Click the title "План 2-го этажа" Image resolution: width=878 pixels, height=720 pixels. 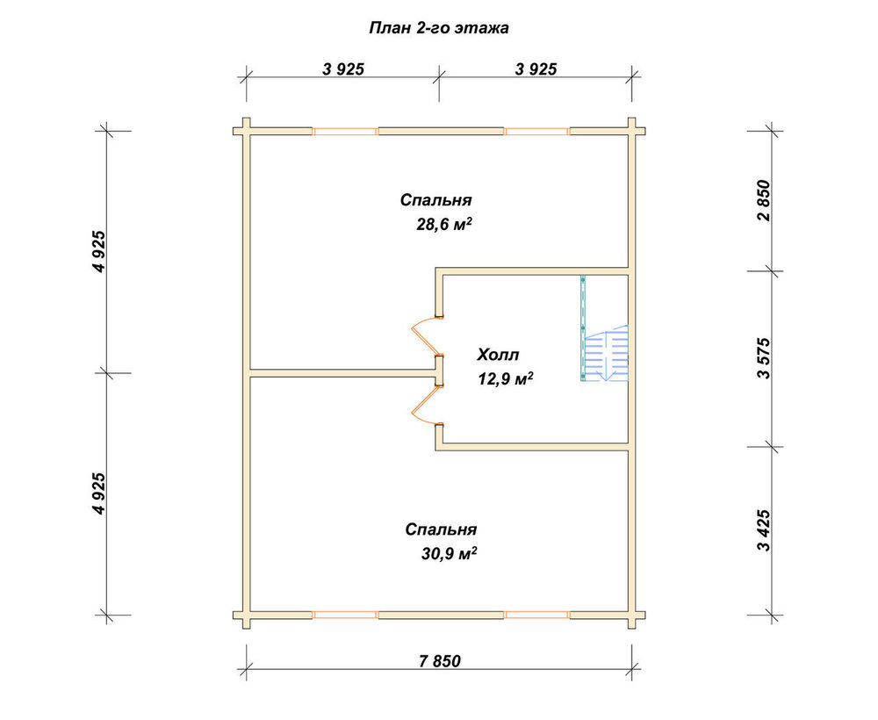[x=439, y=28]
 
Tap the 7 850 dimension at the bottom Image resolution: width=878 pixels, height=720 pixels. [x=440, y=661]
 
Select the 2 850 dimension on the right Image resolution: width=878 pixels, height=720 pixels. [x=764, y=200]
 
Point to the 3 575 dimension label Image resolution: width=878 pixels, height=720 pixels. [x=764, y=358]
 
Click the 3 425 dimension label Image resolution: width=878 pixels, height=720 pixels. [x=764, y=530]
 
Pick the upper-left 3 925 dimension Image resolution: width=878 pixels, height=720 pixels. [x=343, y=68]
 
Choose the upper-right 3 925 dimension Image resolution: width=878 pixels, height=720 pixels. [x=536, y=68]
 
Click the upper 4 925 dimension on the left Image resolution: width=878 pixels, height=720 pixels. [x=98, y=251]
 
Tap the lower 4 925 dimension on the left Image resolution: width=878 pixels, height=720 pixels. [x=98, y=493]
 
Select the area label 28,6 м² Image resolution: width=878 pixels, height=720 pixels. [x=443, y=225]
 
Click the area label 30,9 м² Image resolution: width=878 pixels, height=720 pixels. [x=449, y=554]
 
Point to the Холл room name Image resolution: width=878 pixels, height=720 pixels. [x=498, y=355]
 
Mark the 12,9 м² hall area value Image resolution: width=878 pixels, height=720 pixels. [x=505, y=379]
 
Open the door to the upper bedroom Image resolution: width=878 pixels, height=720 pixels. [x=427, y=336]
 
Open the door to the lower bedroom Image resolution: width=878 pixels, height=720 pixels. [x=427, y=406]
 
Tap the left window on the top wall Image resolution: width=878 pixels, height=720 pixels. [x=345, y=132]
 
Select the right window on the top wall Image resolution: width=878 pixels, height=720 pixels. [x=537, y=132]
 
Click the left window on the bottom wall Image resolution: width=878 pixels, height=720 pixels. [x=345, y=615]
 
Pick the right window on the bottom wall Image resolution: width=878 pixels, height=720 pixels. [x=537, y=615]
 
